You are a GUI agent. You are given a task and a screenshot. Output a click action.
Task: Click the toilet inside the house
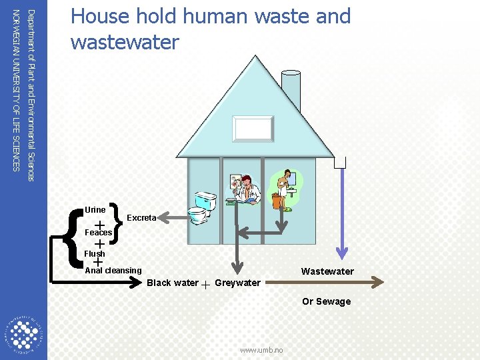(201, 207)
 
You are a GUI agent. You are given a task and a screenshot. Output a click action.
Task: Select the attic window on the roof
(253, 128)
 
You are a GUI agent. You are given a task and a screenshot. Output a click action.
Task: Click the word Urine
(95, 210)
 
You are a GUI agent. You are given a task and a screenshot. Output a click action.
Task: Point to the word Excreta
(141, 218)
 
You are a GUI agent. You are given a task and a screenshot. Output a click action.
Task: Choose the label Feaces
(99, 233)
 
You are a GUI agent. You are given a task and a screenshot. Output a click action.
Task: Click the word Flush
(95, 254)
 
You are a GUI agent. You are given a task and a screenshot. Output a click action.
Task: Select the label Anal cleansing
(113, 271)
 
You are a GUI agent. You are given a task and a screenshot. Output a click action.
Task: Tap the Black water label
(172, 283)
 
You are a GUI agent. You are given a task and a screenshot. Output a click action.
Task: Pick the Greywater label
(237, 283)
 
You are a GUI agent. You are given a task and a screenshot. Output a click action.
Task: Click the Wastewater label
(327, 271)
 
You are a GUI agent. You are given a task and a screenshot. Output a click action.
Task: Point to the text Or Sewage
(326, 301)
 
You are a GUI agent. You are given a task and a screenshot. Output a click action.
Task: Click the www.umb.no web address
(261, 350)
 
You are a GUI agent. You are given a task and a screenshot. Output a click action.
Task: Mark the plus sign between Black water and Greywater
(206, 284)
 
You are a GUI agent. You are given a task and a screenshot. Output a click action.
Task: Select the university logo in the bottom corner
(24, 333)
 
